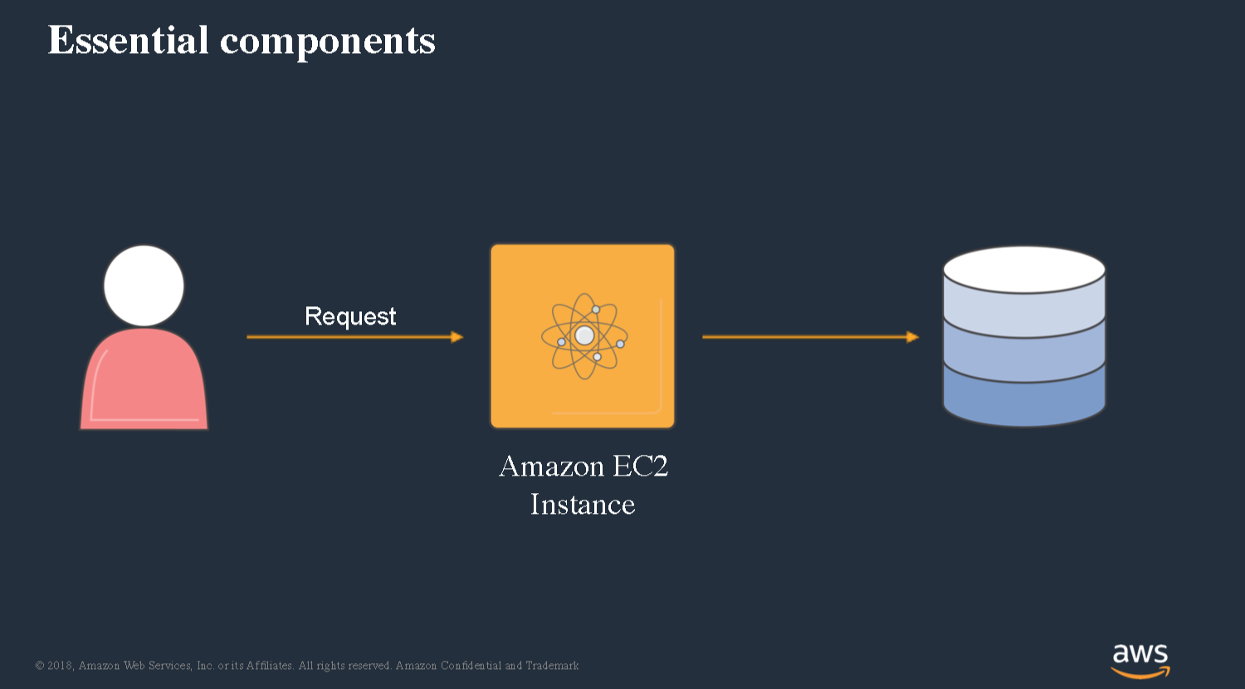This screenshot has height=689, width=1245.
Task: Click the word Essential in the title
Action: [x=129, y=40]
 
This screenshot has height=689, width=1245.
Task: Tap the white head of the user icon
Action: [x=144, y=286]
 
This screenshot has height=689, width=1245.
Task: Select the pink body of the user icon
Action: [x=144, y=379]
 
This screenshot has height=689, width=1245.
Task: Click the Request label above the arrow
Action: [x=350, y=317]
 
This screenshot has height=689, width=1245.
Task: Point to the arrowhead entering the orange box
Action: [x=456, y=337]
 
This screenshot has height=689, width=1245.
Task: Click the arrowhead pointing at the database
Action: [x=913, y=337]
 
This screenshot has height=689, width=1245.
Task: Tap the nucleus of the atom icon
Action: [x=584, y=335]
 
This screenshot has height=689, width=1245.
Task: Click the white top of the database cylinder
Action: [x=1024, y=270]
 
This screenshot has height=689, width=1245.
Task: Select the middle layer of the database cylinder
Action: [x=1024, y=356]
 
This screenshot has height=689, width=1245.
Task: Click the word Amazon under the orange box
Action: [x=552, y=466]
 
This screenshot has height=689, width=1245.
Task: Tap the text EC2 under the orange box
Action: [x=640, y=466]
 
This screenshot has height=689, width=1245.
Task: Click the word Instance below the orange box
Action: [x=583, y=505]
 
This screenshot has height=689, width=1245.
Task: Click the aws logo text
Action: [x=1140, y=654]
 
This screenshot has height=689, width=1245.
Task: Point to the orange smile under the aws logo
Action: [x=1140, y=673]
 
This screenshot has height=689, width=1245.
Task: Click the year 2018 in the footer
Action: [x=60, y=666]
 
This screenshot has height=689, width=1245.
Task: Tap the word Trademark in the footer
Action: [x=553, y=666]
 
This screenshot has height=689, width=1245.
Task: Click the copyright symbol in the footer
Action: [x=40, y=666]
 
